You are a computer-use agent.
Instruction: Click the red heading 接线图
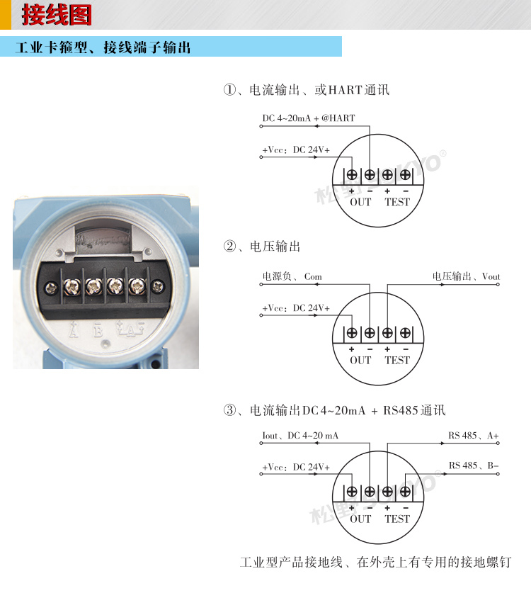[x=56, y=15]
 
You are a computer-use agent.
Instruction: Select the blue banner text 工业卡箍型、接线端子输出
[x=103, y=48]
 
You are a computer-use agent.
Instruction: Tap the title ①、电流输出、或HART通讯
[x=306, y=90]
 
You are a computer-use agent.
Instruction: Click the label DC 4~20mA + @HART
[x=308, y=118]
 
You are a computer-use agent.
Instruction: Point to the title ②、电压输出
[x=262, y=247]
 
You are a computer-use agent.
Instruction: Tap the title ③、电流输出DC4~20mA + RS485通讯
[x=334, y=411]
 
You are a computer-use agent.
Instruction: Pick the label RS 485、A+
[x=473, y=436]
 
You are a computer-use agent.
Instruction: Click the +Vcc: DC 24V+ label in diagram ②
[x=295, y=308]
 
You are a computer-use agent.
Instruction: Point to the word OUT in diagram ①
[x=360, y=202]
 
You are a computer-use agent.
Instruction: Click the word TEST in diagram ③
[x=396, y=519]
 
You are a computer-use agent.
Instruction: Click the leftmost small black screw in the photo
[x=50, y=287]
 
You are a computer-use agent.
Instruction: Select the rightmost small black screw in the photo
[x=157, y=286]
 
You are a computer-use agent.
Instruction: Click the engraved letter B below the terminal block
[x=98, y=330]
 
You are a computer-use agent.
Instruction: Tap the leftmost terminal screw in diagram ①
[x=352, y=174]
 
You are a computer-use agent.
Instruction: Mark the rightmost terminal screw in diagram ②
[x=405, y=332]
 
